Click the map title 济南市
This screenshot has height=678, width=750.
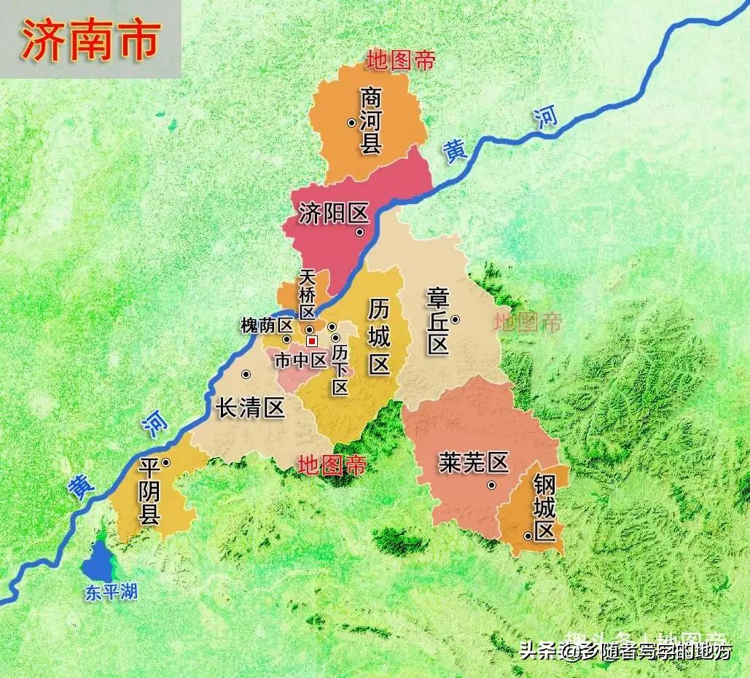pyautogui.click(x=90, y=40)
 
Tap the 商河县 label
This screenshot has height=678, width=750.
pyautogui.click(x=371, y=121)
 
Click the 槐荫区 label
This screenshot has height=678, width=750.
pyautogui.click(x=266, y=326)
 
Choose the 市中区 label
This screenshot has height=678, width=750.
pyautogui.click(x=300, y=359)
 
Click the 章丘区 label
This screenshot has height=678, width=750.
pyautogui.click(x=437, y=321)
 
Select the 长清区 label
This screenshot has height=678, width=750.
pyautogui.click(x=251, y=408)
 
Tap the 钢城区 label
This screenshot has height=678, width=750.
pyautogui.click(x=544, y=507)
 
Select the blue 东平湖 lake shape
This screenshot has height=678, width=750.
pyautogui.click(x=96, y=561)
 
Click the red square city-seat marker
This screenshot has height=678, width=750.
pyautogui.click(x=312, y=340)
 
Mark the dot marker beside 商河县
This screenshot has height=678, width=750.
pyautogui.click(x=351, y=122)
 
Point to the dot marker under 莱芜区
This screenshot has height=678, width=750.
pyautogui.click(x=491, y=485)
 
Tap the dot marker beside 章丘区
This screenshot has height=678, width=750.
pyautogui.click(x=455, y=319)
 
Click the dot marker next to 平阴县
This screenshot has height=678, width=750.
pyautogui.click(x=166, y=462)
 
